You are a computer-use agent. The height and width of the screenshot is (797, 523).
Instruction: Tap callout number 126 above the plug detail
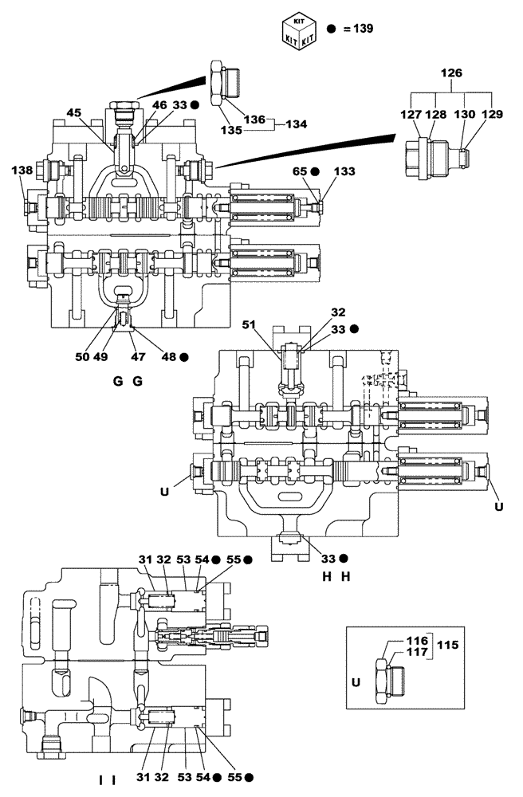(x=452, y=73)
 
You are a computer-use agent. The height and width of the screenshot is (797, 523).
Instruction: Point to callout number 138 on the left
(x=23, y=171)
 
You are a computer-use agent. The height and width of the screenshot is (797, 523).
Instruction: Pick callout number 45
(x=74, y=113)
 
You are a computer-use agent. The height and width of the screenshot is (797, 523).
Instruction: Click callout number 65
(x=301, y=171)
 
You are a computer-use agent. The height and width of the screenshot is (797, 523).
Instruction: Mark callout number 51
(x=250, y=324)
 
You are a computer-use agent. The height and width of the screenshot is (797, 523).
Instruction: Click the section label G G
(x=128, y=382)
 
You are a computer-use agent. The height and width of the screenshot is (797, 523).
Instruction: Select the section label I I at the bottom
(x=107, y=779)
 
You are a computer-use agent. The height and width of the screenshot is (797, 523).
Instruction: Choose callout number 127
(x=411, y=113)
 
